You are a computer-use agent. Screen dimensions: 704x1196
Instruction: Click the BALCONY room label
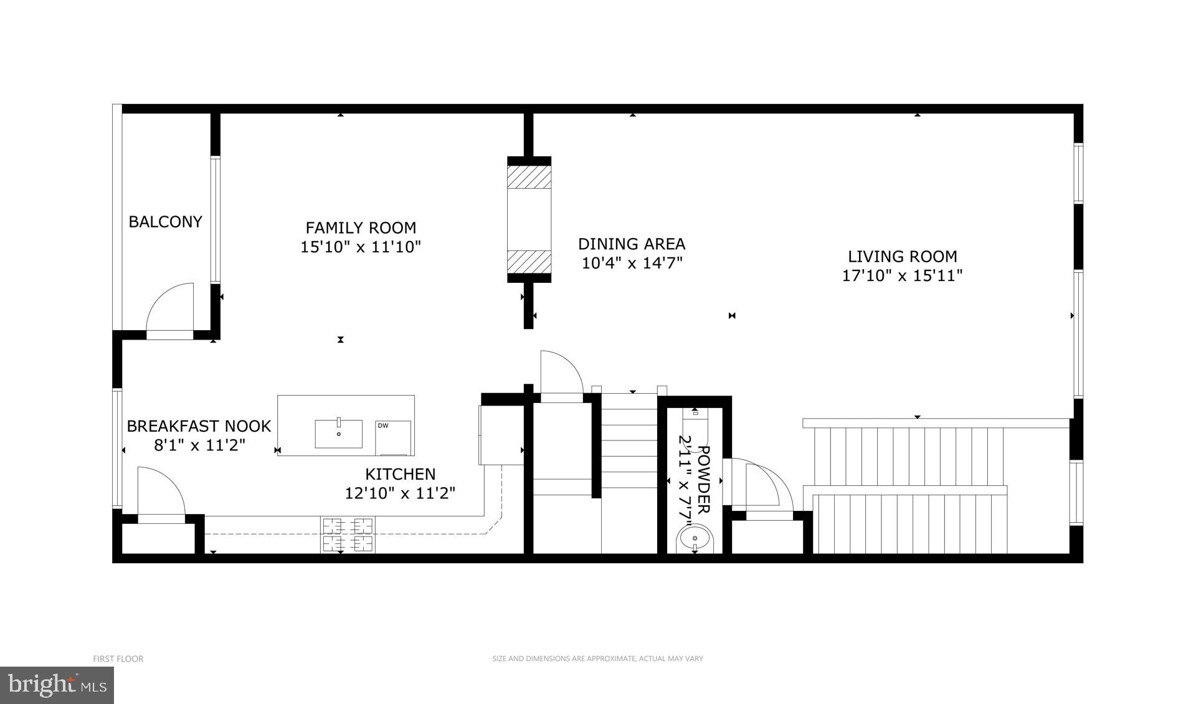165,222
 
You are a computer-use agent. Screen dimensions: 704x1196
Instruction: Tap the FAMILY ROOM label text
361,227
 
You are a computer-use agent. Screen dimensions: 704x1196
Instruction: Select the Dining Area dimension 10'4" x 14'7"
632,263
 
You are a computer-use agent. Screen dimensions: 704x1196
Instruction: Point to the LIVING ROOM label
902,256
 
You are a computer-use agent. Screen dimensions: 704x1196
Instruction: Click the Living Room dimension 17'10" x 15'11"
902,275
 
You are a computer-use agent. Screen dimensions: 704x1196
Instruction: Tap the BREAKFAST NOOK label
199,426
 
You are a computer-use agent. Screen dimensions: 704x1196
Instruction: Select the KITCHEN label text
400,474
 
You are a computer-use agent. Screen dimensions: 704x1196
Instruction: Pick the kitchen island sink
338,434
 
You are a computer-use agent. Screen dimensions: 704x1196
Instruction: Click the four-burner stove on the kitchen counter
348,535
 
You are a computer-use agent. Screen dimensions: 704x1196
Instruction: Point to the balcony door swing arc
171,308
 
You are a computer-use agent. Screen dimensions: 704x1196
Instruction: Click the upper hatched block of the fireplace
529,177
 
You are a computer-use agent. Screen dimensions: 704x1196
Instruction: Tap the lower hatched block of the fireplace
529,262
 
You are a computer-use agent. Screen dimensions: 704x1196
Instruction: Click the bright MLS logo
57,685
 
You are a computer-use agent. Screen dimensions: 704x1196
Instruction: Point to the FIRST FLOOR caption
118,659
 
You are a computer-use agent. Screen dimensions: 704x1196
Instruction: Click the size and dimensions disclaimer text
597,659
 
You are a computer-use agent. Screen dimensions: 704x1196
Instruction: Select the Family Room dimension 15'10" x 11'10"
361,247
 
